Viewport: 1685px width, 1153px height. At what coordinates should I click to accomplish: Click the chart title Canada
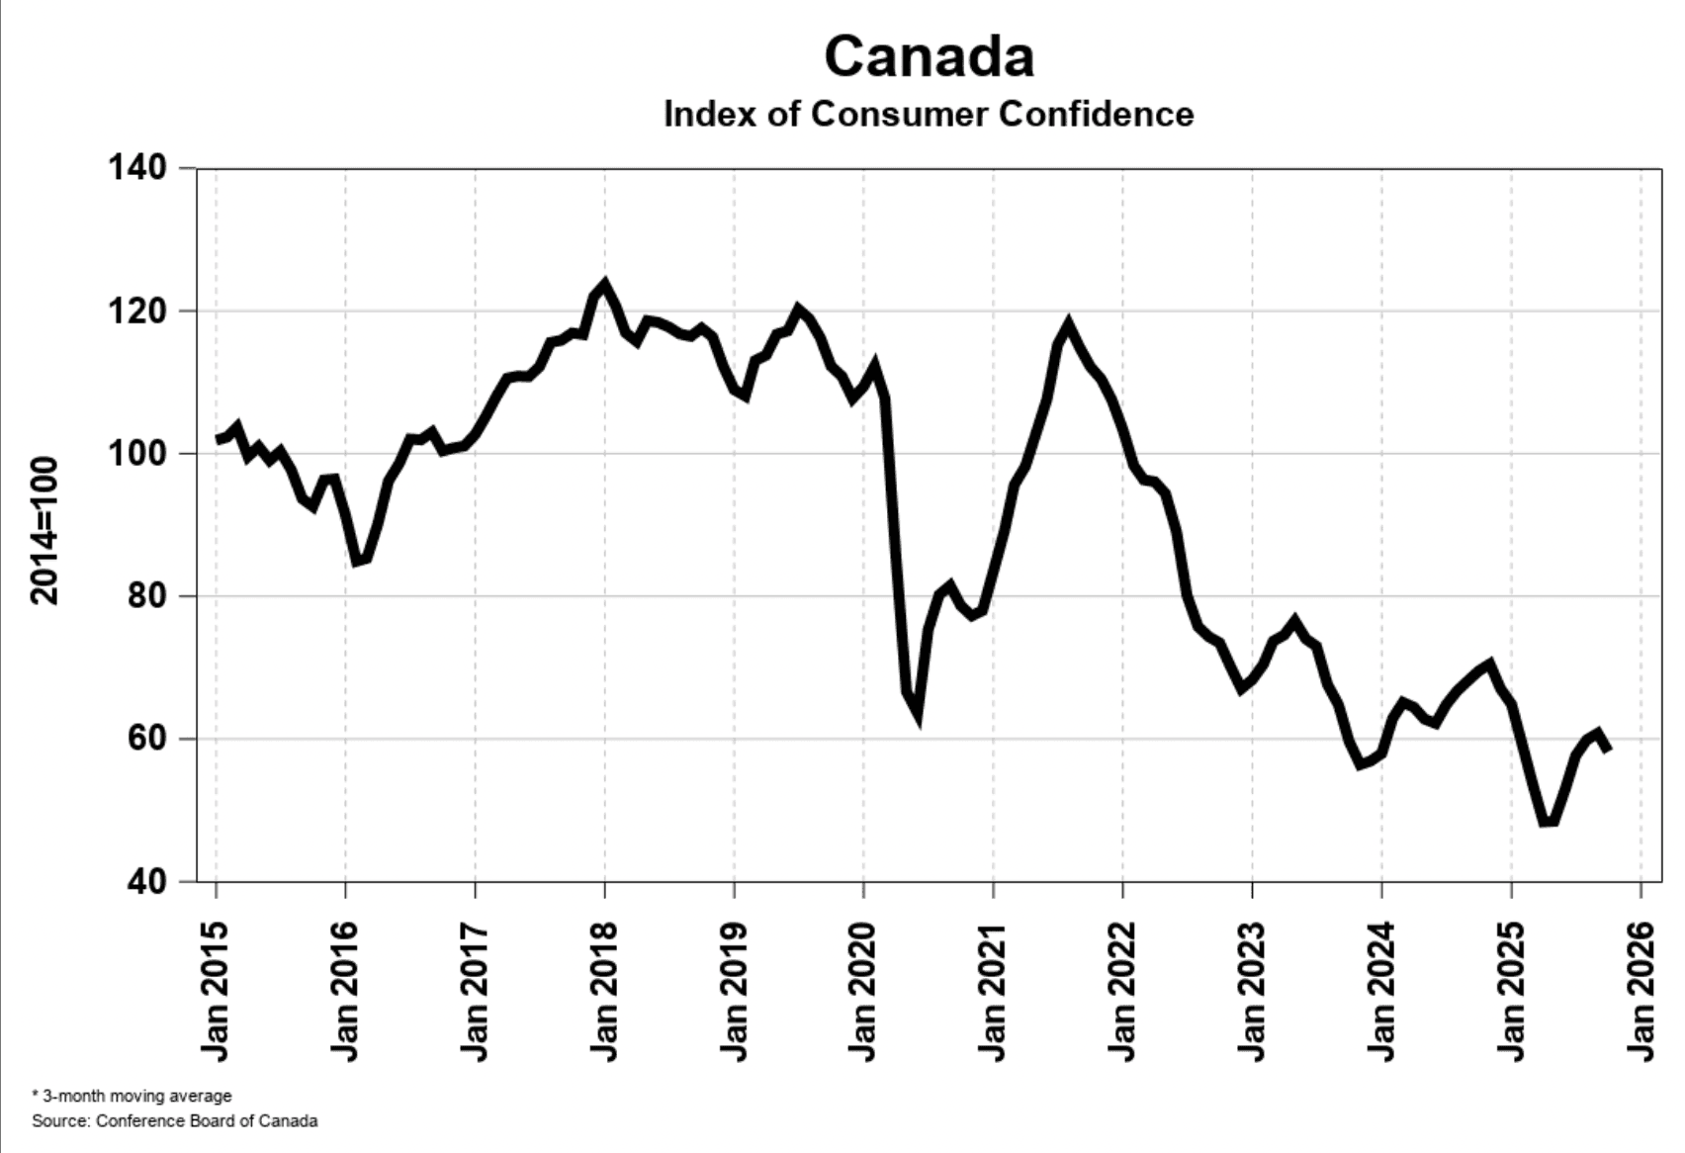(929, 56)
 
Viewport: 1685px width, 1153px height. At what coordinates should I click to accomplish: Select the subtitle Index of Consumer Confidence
(929, 114)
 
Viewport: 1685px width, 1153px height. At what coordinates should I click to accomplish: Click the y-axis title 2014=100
(44, 530)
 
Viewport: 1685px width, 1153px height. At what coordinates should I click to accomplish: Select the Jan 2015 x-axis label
(215, 991)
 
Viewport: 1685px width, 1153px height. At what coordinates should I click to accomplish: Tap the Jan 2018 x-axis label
(603, 991)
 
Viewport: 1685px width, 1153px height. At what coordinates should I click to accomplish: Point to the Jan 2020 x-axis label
(862, 991)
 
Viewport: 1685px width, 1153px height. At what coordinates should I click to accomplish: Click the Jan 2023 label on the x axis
(1251, 991)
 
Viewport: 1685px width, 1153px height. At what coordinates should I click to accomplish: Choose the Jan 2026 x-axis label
(1640, 991)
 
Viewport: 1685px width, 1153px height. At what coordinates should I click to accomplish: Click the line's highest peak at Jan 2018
(604, 285)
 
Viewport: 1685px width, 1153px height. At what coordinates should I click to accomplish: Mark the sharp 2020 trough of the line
(918, 714)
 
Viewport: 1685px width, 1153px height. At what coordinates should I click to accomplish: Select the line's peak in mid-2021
(1068, 323)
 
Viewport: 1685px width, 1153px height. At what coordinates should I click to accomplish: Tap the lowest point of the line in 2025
(1549, 822)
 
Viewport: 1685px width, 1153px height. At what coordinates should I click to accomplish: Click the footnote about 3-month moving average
(133, 1096)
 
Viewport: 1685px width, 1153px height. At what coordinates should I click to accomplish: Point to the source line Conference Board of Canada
(175, 1121)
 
